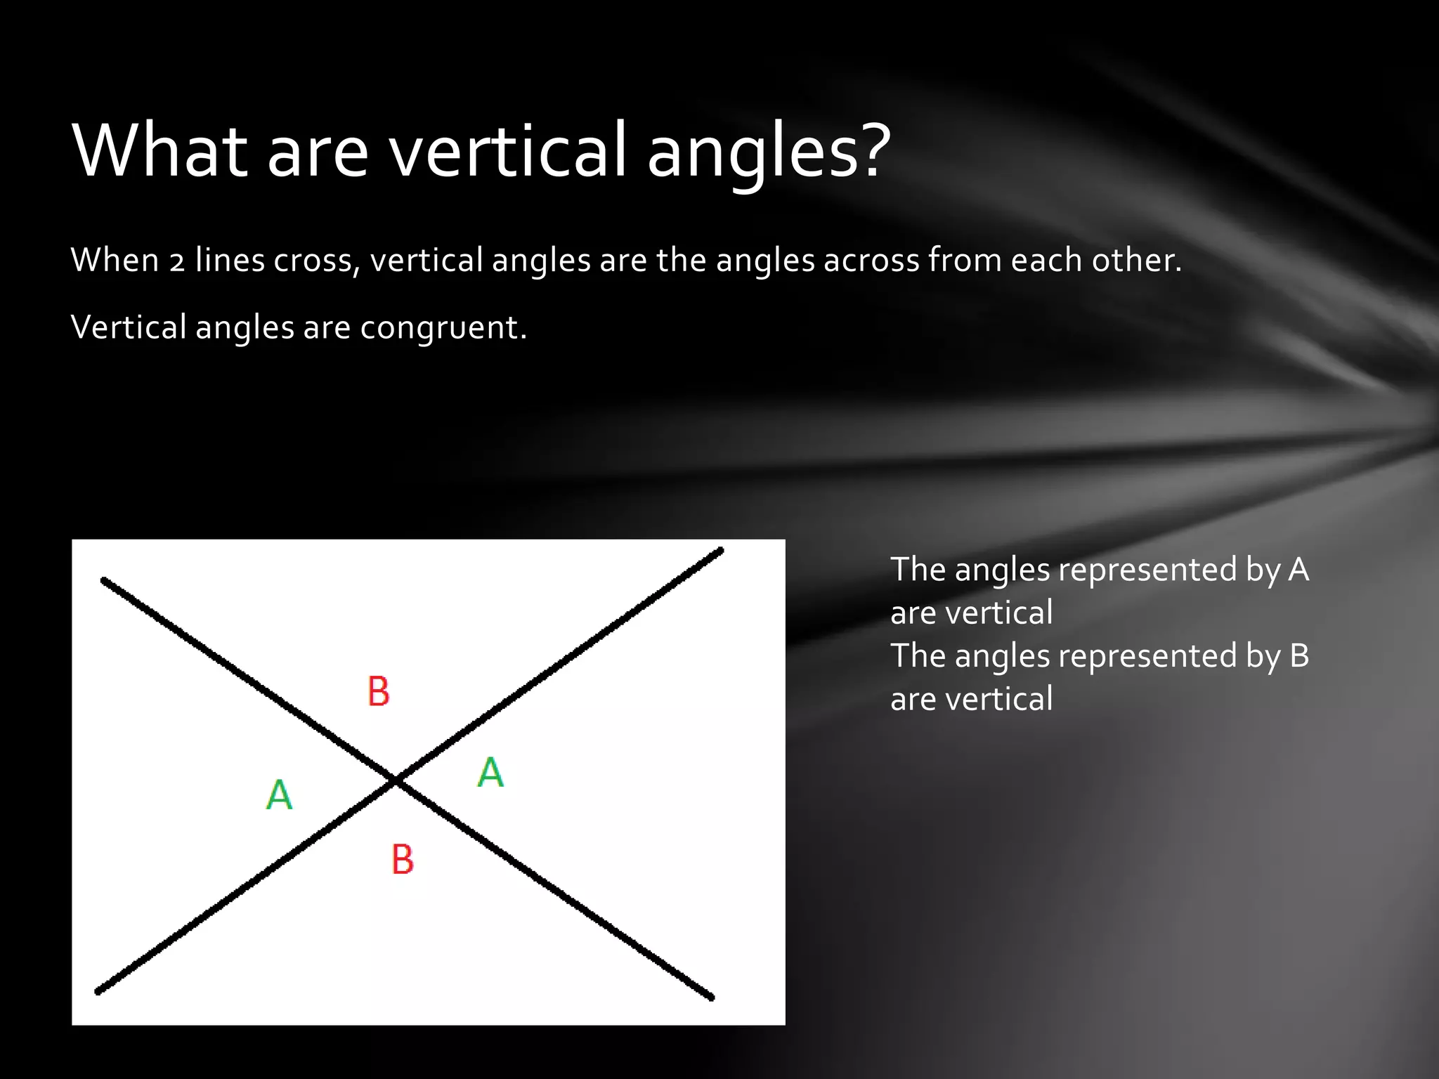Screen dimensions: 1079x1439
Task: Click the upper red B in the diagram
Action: click(x=379, y=691)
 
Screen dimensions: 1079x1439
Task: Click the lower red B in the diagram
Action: click(x=403, y=859)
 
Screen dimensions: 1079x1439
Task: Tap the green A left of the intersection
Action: click(x=279, y=795)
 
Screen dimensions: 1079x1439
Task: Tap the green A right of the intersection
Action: click(x=490, y=773)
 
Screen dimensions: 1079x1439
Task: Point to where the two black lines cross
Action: click(x=396, y=780)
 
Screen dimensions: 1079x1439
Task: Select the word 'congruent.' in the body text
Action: click(x=443, y=328)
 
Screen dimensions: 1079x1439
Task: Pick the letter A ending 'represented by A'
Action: click(x=1298, y=570)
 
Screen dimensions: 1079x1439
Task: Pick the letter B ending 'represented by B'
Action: click(x=1299, y=656)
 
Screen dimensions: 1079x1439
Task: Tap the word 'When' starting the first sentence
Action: click(x=115, y=261)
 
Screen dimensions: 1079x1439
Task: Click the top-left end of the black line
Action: click(x=104, y=580)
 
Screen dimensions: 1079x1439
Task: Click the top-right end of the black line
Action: click(x=720, y=550)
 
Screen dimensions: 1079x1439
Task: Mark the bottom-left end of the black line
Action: click(x=98, y=992)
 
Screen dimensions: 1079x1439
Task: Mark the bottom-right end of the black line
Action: click(x=711, y=997)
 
